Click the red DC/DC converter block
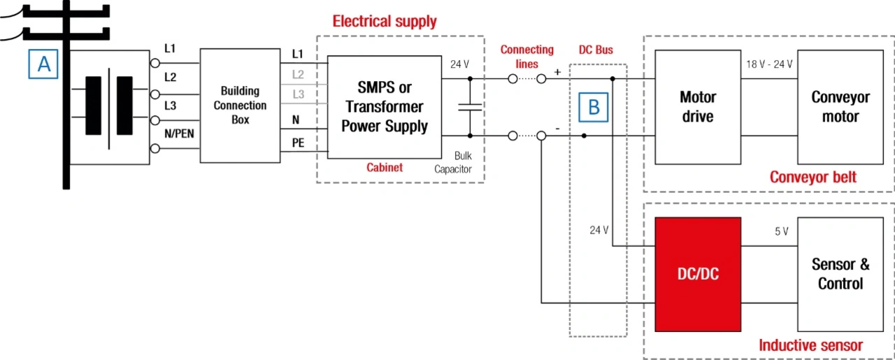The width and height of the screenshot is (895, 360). pyautogui.click(x=697, y=274)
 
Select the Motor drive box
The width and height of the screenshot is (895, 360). pyautogui.click(x=697, y=106)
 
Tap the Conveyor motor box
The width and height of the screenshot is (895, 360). pyautogui.click(x=840, y=106)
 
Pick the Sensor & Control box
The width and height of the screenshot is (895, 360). pyautogui.click(x=840, y=274)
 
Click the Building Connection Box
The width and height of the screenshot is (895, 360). pyautogui.click(x=240, y=105)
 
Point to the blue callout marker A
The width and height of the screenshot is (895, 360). pyautogui.click(x=44, y=64)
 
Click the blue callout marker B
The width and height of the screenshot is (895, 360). pyautogui.click(x=594, y=107)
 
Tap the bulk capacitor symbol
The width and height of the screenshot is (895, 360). pyautogui.click(x=470, y=107)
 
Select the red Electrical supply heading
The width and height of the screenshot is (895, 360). pyautogui.click(x=385, y=22)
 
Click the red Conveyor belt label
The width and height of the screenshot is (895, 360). pyautogui.click(x=812, y=177)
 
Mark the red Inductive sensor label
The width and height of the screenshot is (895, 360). pyautogui.click(x=810, y=345)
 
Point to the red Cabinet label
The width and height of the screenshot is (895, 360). pyautogui.click(x=385, y=168)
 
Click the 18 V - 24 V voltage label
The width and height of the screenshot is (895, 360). pyautogui.click(x=770, y=64)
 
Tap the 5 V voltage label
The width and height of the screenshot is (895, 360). pyautogui.click(x=781, y=231)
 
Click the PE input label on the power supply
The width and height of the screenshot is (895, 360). pyautogui.click(x=298, y=142)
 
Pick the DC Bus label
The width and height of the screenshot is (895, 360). pyautogui.click(x=596, y=50)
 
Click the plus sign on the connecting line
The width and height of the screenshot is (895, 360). pyautogui.click(x=557, y=72)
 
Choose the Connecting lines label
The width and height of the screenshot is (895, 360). pyautogui.click(x=527, y=57)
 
